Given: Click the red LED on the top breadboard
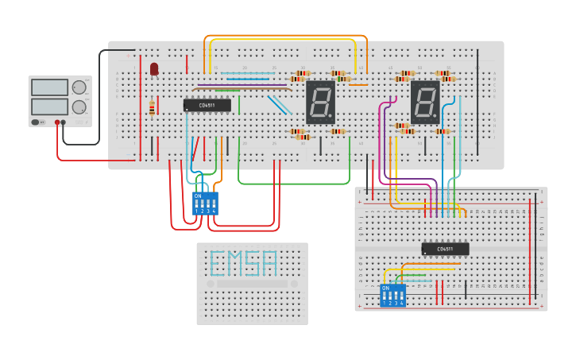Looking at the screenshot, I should pyautogui.click(x=154, y=69).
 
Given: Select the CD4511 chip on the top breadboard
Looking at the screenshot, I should pyautogui.click(x=207, y=105).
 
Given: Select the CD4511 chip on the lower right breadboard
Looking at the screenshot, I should pyautogui.click(x=445, y=249).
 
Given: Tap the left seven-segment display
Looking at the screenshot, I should pyautogui.click(x=320, y=102).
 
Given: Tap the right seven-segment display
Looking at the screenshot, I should pyautogui.click(x=425, y=102).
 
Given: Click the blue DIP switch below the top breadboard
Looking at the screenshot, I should pyautogui.click(x=205, y=203).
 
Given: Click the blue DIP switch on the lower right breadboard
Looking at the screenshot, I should pyautogui.click(x=393, y=295).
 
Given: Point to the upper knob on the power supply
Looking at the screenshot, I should pyautogui.click(x=79, y=87).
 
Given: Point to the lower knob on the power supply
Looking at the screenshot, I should pyautogui.click(x=79, y=106).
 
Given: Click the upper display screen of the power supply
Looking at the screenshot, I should pyautogui.click(x=49, y=87).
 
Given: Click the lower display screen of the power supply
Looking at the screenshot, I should pyautogui.click(x=49, y=106).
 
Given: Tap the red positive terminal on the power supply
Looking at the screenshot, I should pyautogui.click(x=57, y=122).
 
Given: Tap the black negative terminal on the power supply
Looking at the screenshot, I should pyautogui.click(x=64, y=122).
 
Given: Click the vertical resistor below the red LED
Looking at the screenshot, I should pyautogui.click(x=152, y=108).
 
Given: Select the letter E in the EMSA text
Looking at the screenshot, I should pyautogui.click(x=217, y=263).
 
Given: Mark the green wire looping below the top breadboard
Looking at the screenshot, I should pyautogui.click(x=294, y=184).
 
